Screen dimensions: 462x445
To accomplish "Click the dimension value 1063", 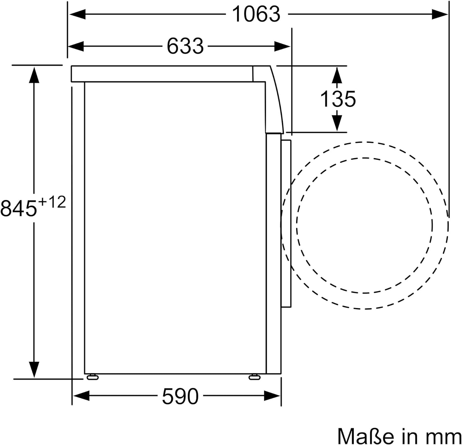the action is pyautogui.click(x=256, y=14).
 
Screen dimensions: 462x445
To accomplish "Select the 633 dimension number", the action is pyautogui.click(x=185, y=46).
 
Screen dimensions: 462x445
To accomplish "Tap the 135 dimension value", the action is pyautogui.click(x=338, y=99).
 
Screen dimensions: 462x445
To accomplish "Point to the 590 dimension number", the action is pyautogui.click(x=180, y=396).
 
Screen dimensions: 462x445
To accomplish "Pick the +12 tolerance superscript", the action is pyautogui.click(x=52, y=203).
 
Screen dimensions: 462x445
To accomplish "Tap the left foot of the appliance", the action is pyautogui.click(x=92, y=377).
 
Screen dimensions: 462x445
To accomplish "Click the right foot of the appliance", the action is pyautogui.click(x=254, y=377).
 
